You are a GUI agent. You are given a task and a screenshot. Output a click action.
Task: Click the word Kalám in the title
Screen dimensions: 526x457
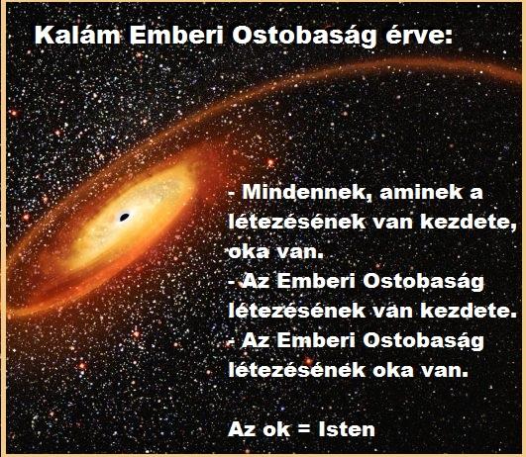pos(78,35)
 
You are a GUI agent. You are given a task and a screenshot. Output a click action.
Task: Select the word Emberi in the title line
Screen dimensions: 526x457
pos(176,35)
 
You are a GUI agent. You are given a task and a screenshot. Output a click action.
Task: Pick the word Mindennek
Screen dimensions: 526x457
pos(307,192)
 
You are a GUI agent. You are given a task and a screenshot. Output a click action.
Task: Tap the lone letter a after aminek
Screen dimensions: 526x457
pos(476,194)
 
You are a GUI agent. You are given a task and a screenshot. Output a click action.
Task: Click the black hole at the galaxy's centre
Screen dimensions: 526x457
pos(125,217)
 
